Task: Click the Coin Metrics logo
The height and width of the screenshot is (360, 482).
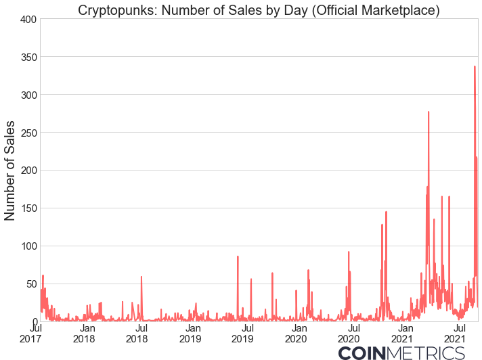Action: [401, 353]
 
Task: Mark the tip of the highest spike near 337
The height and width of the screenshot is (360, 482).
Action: [475, 66]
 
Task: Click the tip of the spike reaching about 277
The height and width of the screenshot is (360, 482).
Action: [429, 112]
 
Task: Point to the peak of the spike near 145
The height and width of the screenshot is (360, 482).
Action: [386, 212]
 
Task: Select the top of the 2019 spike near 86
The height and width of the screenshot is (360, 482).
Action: [238, 256]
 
